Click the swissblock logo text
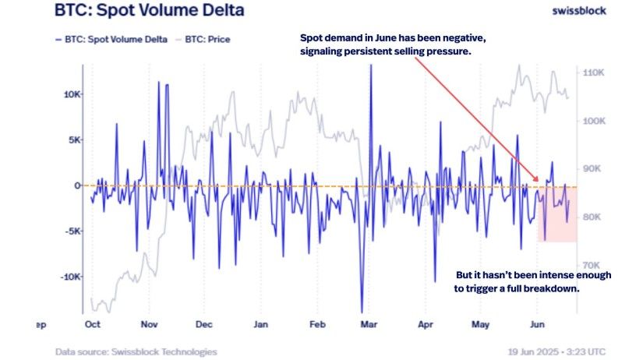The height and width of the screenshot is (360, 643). [579, 11]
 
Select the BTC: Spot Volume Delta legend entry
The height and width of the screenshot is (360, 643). [111, 40]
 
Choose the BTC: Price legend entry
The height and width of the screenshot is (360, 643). [203, 40]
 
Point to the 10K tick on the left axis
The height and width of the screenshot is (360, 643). [72, 94]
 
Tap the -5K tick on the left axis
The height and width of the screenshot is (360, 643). [72, 231]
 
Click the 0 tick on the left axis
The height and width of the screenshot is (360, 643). [77, 185]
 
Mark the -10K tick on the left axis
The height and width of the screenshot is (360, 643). [71, 277]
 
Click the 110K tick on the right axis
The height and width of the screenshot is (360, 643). [593, 72]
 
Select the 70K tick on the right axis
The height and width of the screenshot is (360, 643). [592, 265]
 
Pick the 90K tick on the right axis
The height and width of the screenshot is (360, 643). [592, 168]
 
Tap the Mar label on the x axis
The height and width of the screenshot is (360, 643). [369, 324]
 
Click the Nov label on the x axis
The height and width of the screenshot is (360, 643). [150, 324]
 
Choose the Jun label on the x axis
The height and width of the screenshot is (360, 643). [537, 324]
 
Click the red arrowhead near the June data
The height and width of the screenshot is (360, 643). [535, 178]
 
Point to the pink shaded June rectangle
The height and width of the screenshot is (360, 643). [557, 214]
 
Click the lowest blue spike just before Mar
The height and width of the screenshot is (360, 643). [362, 312]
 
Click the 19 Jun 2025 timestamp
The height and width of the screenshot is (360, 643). [533, 351]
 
